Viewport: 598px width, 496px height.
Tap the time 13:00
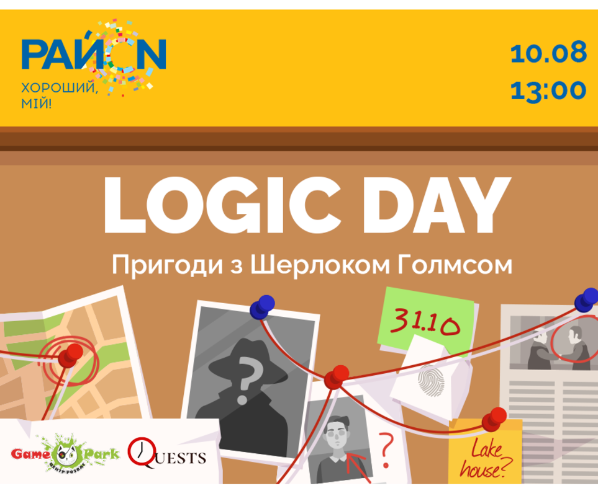coord(548,91)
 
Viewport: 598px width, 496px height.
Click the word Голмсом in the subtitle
coord(455,265)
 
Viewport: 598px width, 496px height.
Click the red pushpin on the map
coord(70,355)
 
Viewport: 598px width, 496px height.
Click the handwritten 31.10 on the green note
coord(425,321)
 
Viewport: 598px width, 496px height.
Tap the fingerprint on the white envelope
coord(431,381)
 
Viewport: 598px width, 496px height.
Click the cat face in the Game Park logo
coord(66,454)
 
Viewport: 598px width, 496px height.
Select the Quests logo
coord(166,453)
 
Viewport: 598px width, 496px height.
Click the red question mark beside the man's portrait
coord(386,450)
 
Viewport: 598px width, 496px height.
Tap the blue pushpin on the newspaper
coord(586,299)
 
